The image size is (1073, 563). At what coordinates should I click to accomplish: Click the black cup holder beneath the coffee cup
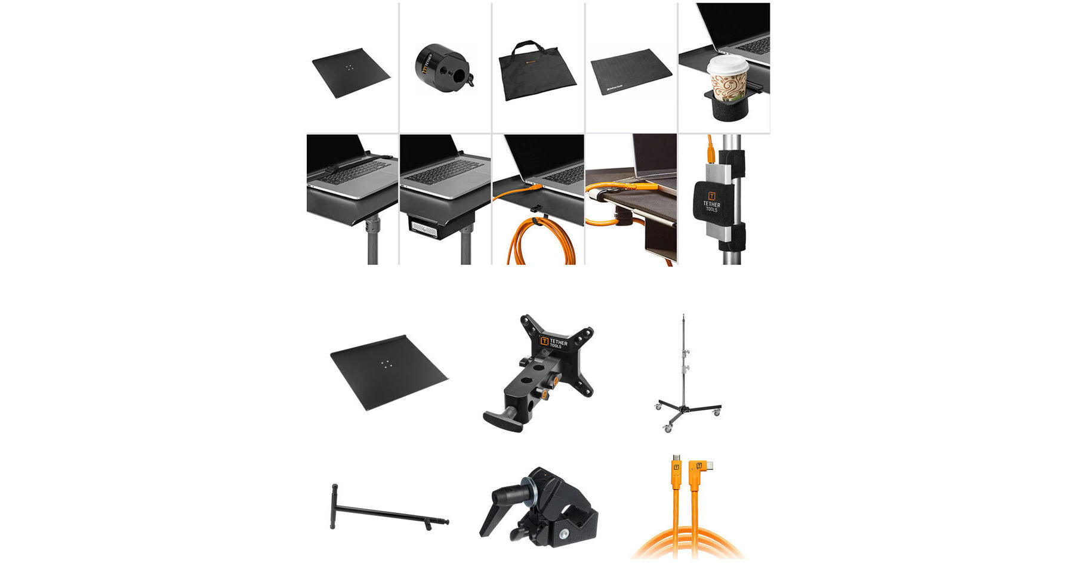tap(727, 108)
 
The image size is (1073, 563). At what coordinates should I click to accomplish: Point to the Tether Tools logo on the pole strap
tap(711, 201)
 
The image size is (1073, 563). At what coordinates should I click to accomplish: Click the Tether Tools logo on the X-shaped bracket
tap(554, 343)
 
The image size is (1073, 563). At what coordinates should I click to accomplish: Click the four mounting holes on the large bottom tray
tap(387, 364)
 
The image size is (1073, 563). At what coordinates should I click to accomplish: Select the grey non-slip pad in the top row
tap(631, 72)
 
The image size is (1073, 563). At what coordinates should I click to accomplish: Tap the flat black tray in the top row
tap(351, 72)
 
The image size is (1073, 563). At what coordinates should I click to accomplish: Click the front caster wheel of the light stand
tap(667, 428)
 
